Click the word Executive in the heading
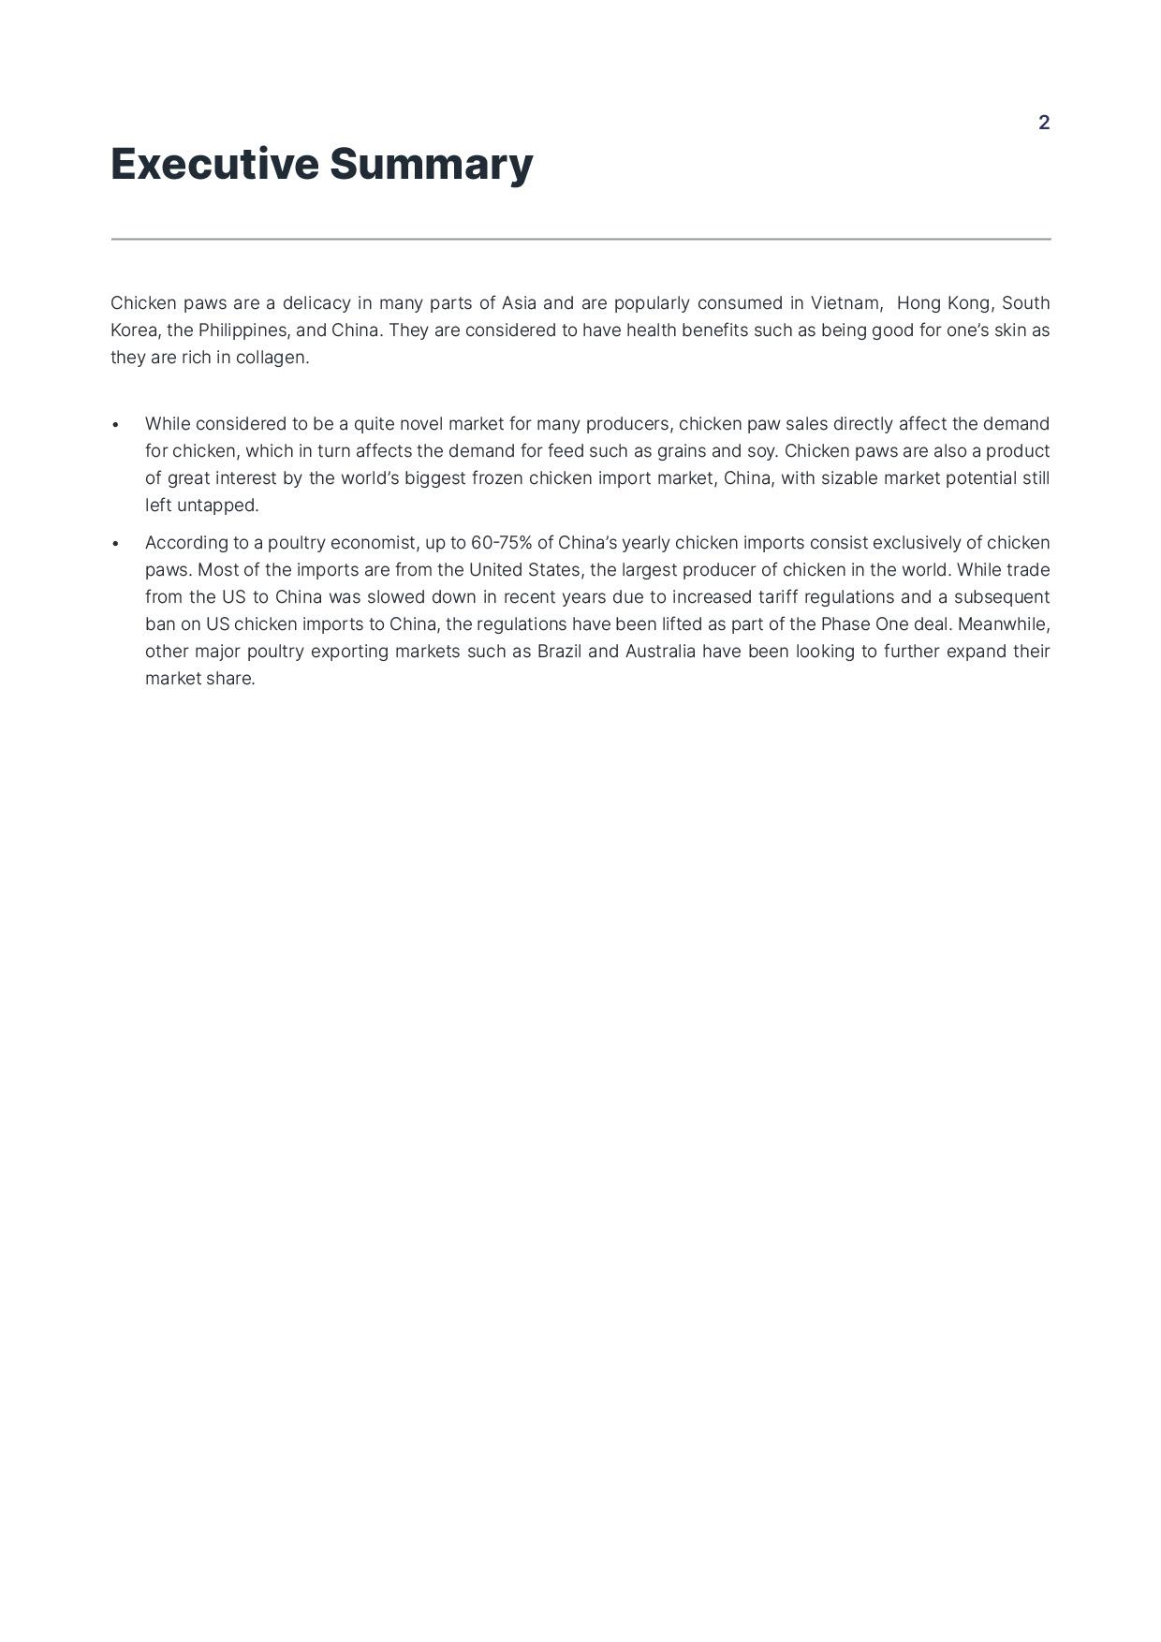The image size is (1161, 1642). pos(214,164)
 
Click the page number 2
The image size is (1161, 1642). pos(1044,123)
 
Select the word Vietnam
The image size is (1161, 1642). pos(845,303)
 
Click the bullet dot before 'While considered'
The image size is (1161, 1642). pos(115,425)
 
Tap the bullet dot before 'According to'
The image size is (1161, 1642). pos(115,544)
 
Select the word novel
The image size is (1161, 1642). pos(420,424)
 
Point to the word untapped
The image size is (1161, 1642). pos(217,506)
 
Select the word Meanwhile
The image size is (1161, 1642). pos(1003,624)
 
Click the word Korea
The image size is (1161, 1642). pos(134,330)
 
